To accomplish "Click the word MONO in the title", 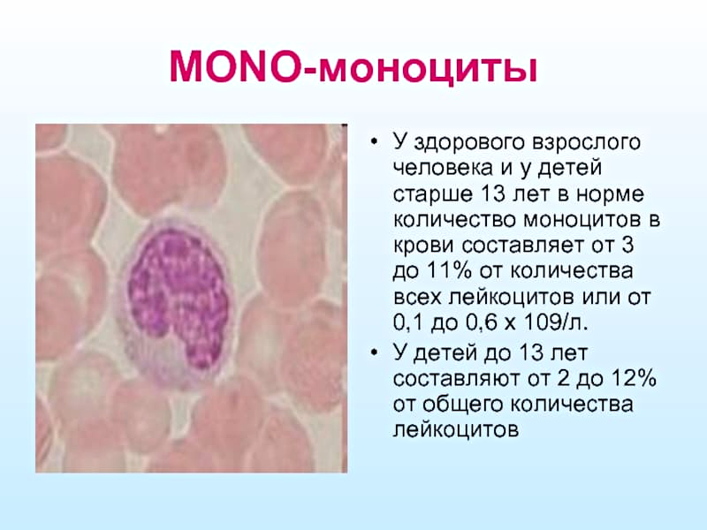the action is click(234, 66).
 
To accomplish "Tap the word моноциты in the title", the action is click(428, 70).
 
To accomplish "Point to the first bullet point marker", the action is click(373, 142).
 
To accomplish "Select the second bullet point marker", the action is click(373, 352).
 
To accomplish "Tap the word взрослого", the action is click(586, 143).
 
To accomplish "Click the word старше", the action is click(432, 195).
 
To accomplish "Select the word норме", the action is click(610, 195).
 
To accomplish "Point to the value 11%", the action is click(444, 272).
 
